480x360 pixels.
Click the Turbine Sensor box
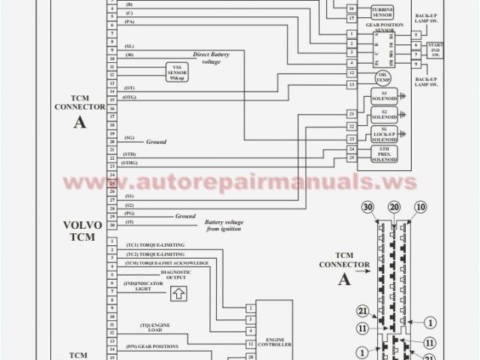pyautogui.click(x=382, y=11)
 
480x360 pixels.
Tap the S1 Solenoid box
pyautogui.click(x=384, y=97)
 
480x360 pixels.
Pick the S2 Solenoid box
pyautogui.click(x=384, y=115)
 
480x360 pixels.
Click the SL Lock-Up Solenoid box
pyautogui.click(x=384, y=134)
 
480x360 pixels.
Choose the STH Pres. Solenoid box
pyautogui.click(x=384, y=154)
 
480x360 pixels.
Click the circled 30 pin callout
pyautogui.click(x=367, y=208)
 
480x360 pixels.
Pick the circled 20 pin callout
pyautogui.click(x=393, y=208)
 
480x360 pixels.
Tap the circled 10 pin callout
pyautogui.click(x=419, y=208)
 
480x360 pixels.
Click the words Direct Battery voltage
pyautogui.click(x=211, y=57)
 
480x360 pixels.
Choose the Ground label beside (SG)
pyautogui.click(x=155, y=141)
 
